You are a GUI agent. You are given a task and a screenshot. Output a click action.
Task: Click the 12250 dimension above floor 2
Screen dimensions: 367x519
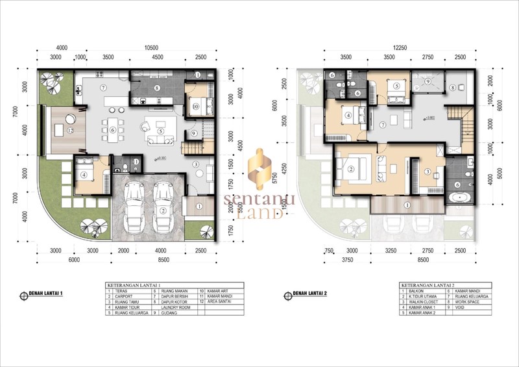(398, 48)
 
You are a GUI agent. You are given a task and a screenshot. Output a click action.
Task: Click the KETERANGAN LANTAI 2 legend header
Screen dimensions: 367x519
(424, 285)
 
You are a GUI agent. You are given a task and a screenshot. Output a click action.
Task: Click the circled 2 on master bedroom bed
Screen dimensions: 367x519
(352, 170)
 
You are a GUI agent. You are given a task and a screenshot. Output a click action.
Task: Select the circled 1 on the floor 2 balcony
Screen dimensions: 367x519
(407, 205)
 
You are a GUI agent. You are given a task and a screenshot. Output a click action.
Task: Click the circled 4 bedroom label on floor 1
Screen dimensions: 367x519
(84, 175)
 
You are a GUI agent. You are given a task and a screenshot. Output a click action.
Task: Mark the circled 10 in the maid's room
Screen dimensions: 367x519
(195, 107)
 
